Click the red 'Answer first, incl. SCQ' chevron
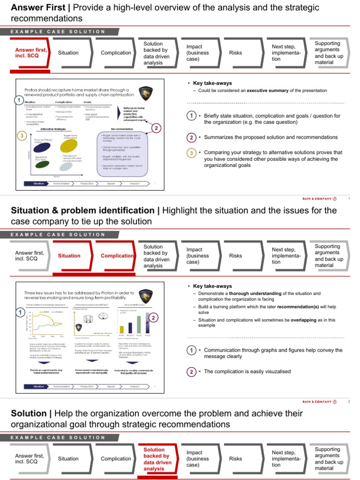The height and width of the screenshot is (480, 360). (30, 52)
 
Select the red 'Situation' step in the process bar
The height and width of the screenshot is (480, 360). (69, 256)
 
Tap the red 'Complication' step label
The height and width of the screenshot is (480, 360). (117, 256)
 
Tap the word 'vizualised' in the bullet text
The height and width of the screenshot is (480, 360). (276, 372)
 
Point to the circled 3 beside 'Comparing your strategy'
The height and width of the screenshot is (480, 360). (191, 153)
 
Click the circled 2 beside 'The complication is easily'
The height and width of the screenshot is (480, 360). (191, 372)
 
